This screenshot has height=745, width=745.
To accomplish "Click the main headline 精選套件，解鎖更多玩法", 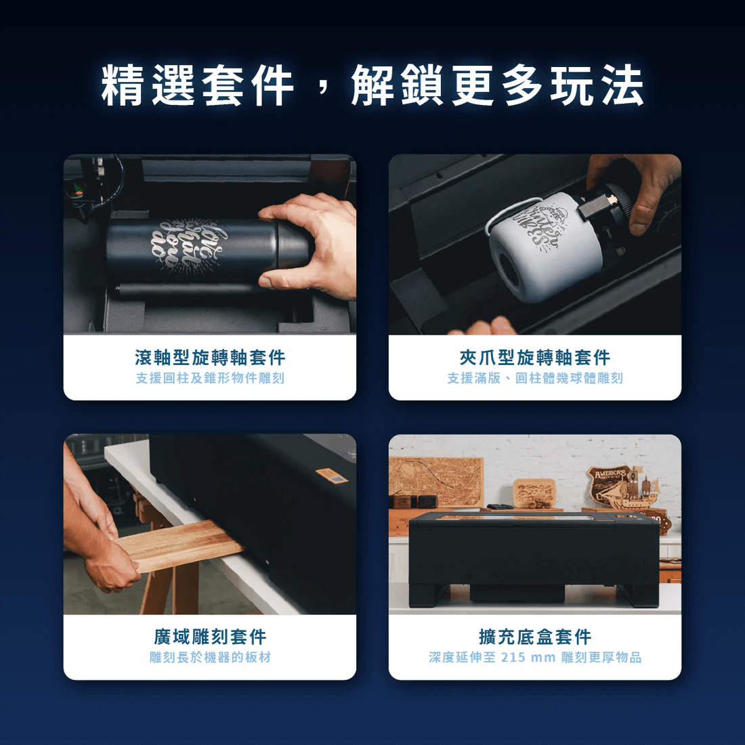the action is pyautogui.click(x=372, y=85).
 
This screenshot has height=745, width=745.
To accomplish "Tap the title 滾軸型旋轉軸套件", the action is pyautogui.click(x=210, y=358).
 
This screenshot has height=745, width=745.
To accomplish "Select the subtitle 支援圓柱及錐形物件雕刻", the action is pyautogui.click(x=210, y=378).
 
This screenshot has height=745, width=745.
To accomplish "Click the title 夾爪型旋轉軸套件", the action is pyautogui.click(x=535, y=358).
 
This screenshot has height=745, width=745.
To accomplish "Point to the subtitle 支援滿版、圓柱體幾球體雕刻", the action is pyautogui.click(x=535, y=378).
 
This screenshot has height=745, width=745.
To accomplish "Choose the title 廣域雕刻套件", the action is pyautogui.click(x=210, y=637).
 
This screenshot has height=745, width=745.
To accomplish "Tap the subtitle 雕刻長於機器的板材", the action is pyautogui.click(x=210, y=658).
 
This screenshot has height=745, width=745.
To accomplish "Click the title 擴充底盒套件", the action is pyautogui.click(x=535, y=637).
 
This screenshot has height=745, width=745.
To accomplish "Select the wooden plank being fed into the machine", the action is pyautogui.click(x=179, y=545).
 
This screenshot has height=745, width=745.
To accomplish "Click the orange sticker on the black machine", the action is pyautogui.click(x=332, y=475).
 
